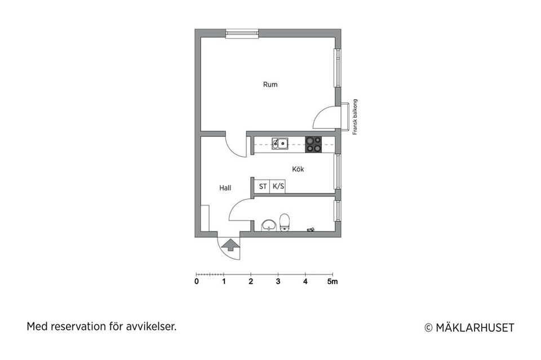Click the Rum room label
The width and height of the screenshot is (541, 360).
click(x=270, y=85)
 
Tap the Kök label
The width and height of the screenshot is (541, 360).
click(x=298, y=169)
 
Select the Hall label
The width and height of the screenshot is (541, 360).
click(x=225, y=188)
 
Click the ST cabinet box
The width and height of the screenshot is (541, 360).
click(x=263, y=186)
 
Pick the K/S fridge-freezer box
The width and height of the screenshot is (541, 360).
click(x=278, y=186)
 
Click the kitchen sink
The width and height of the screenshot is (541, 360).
click(x=280, y=143)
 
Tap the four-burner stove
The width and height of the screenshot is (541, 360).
click(x=313, y=144)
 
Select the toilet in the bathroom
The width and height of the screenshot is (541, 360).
click(x=285, y=222)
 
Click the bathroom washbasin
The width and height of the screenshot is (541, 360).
click(x=268, y=225)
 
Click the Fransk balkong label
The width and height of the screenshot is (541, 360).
click(x=355, y=117)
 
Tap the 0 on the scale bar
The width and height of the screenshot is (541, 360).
click(x=197, y=282)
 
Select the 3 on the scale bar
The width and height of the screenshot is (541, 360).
click(x=278, y=282)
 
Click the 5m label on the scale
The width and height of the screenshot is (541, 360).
click(x=333, y=282)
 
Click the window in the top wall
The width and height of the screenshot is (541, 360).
click(x=242, y=34)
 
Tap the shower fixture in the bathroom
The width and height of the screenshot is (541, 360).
click(x=311, y=229)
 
